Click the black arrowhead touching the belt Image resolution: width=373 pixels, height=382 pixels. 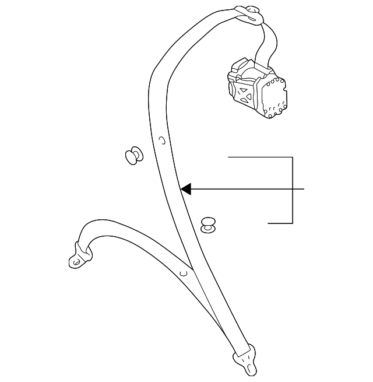(x=185, y=189)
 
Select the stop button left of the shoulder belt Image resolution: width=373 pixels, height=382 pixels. (x=133, y=156)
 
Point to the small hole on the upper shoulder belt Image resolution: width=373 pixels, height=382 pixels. (x=163, y=140)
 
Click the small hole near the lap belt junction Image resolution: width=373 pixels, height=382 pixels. (x=183, y=272)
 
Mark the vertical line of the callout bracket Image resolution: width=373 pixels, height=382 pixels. (x=292, y=190)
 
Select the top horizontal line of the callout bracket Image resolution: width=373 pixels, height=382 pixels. (x=259, y=157)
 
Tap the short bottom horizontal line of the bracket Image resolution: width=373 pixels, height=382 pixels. (x=280, y=223)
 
